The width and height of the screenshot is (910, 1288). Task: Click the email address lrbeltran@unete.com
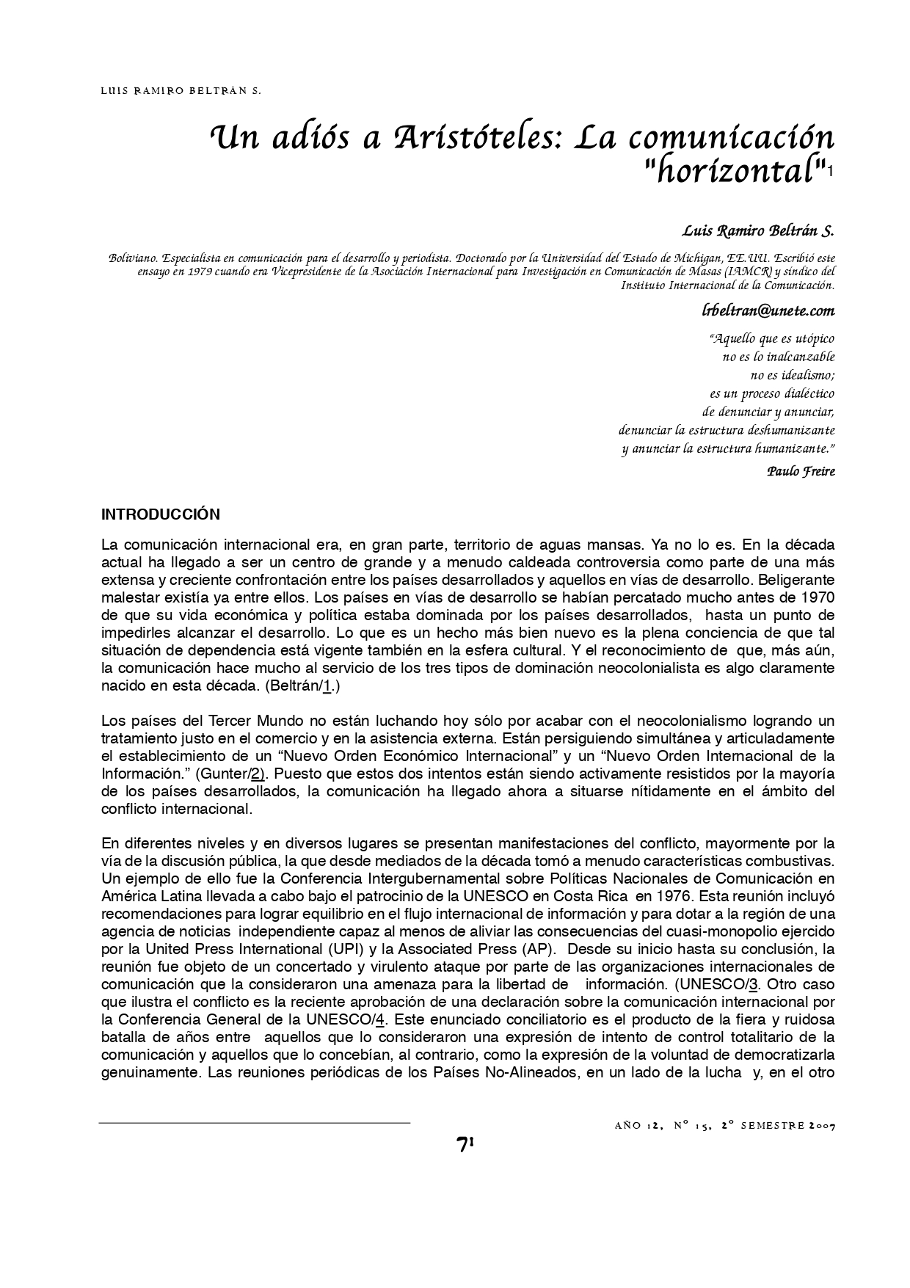tap(768, 310)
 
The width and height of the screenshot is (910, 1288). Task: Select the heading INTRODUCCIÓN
tap(160, 514)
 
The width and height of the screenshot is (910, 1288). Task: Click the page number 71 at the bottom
tap(465, 1144)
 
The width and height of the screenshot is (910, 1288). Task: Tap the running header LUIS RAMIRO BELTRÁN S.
tap(181, 92)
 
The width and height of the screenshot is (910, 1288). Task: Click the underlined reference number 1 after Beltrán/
tap(327, 687)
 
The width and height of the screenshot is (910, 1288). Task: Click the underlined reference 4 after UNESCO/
tap(380, 1020)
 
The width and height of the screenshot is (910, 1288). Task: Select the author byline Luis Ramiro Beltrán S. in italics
tap(758, 230)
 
